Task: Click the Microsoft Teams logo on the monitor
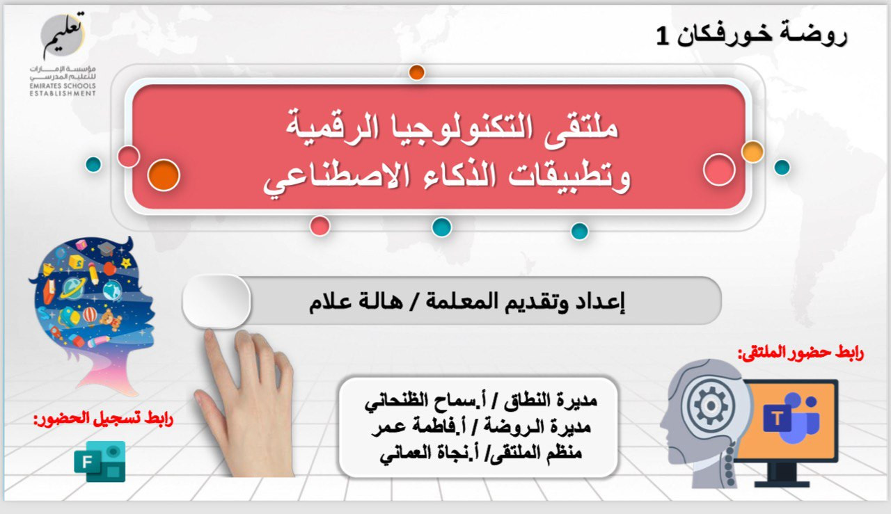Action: tap(791, 417)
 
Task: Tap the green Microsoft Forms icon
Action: tap(100, 461)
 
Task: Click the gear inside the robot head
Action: tap(711, 406)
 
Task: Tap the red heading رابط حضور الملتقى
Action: tap(801, 353)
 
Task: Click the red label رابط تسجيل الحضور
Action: tap(104, 419)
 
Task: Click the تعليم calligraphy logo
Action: tap(63, 35)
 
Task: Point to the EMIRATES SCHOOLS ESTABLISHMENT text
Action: tap(63, 90)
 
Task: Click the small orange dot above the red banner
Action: tap(417, 73)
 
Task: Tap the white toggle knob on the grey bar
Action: tap(216, 301)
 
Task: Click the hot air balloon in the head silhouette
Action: tap(90, 316)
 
